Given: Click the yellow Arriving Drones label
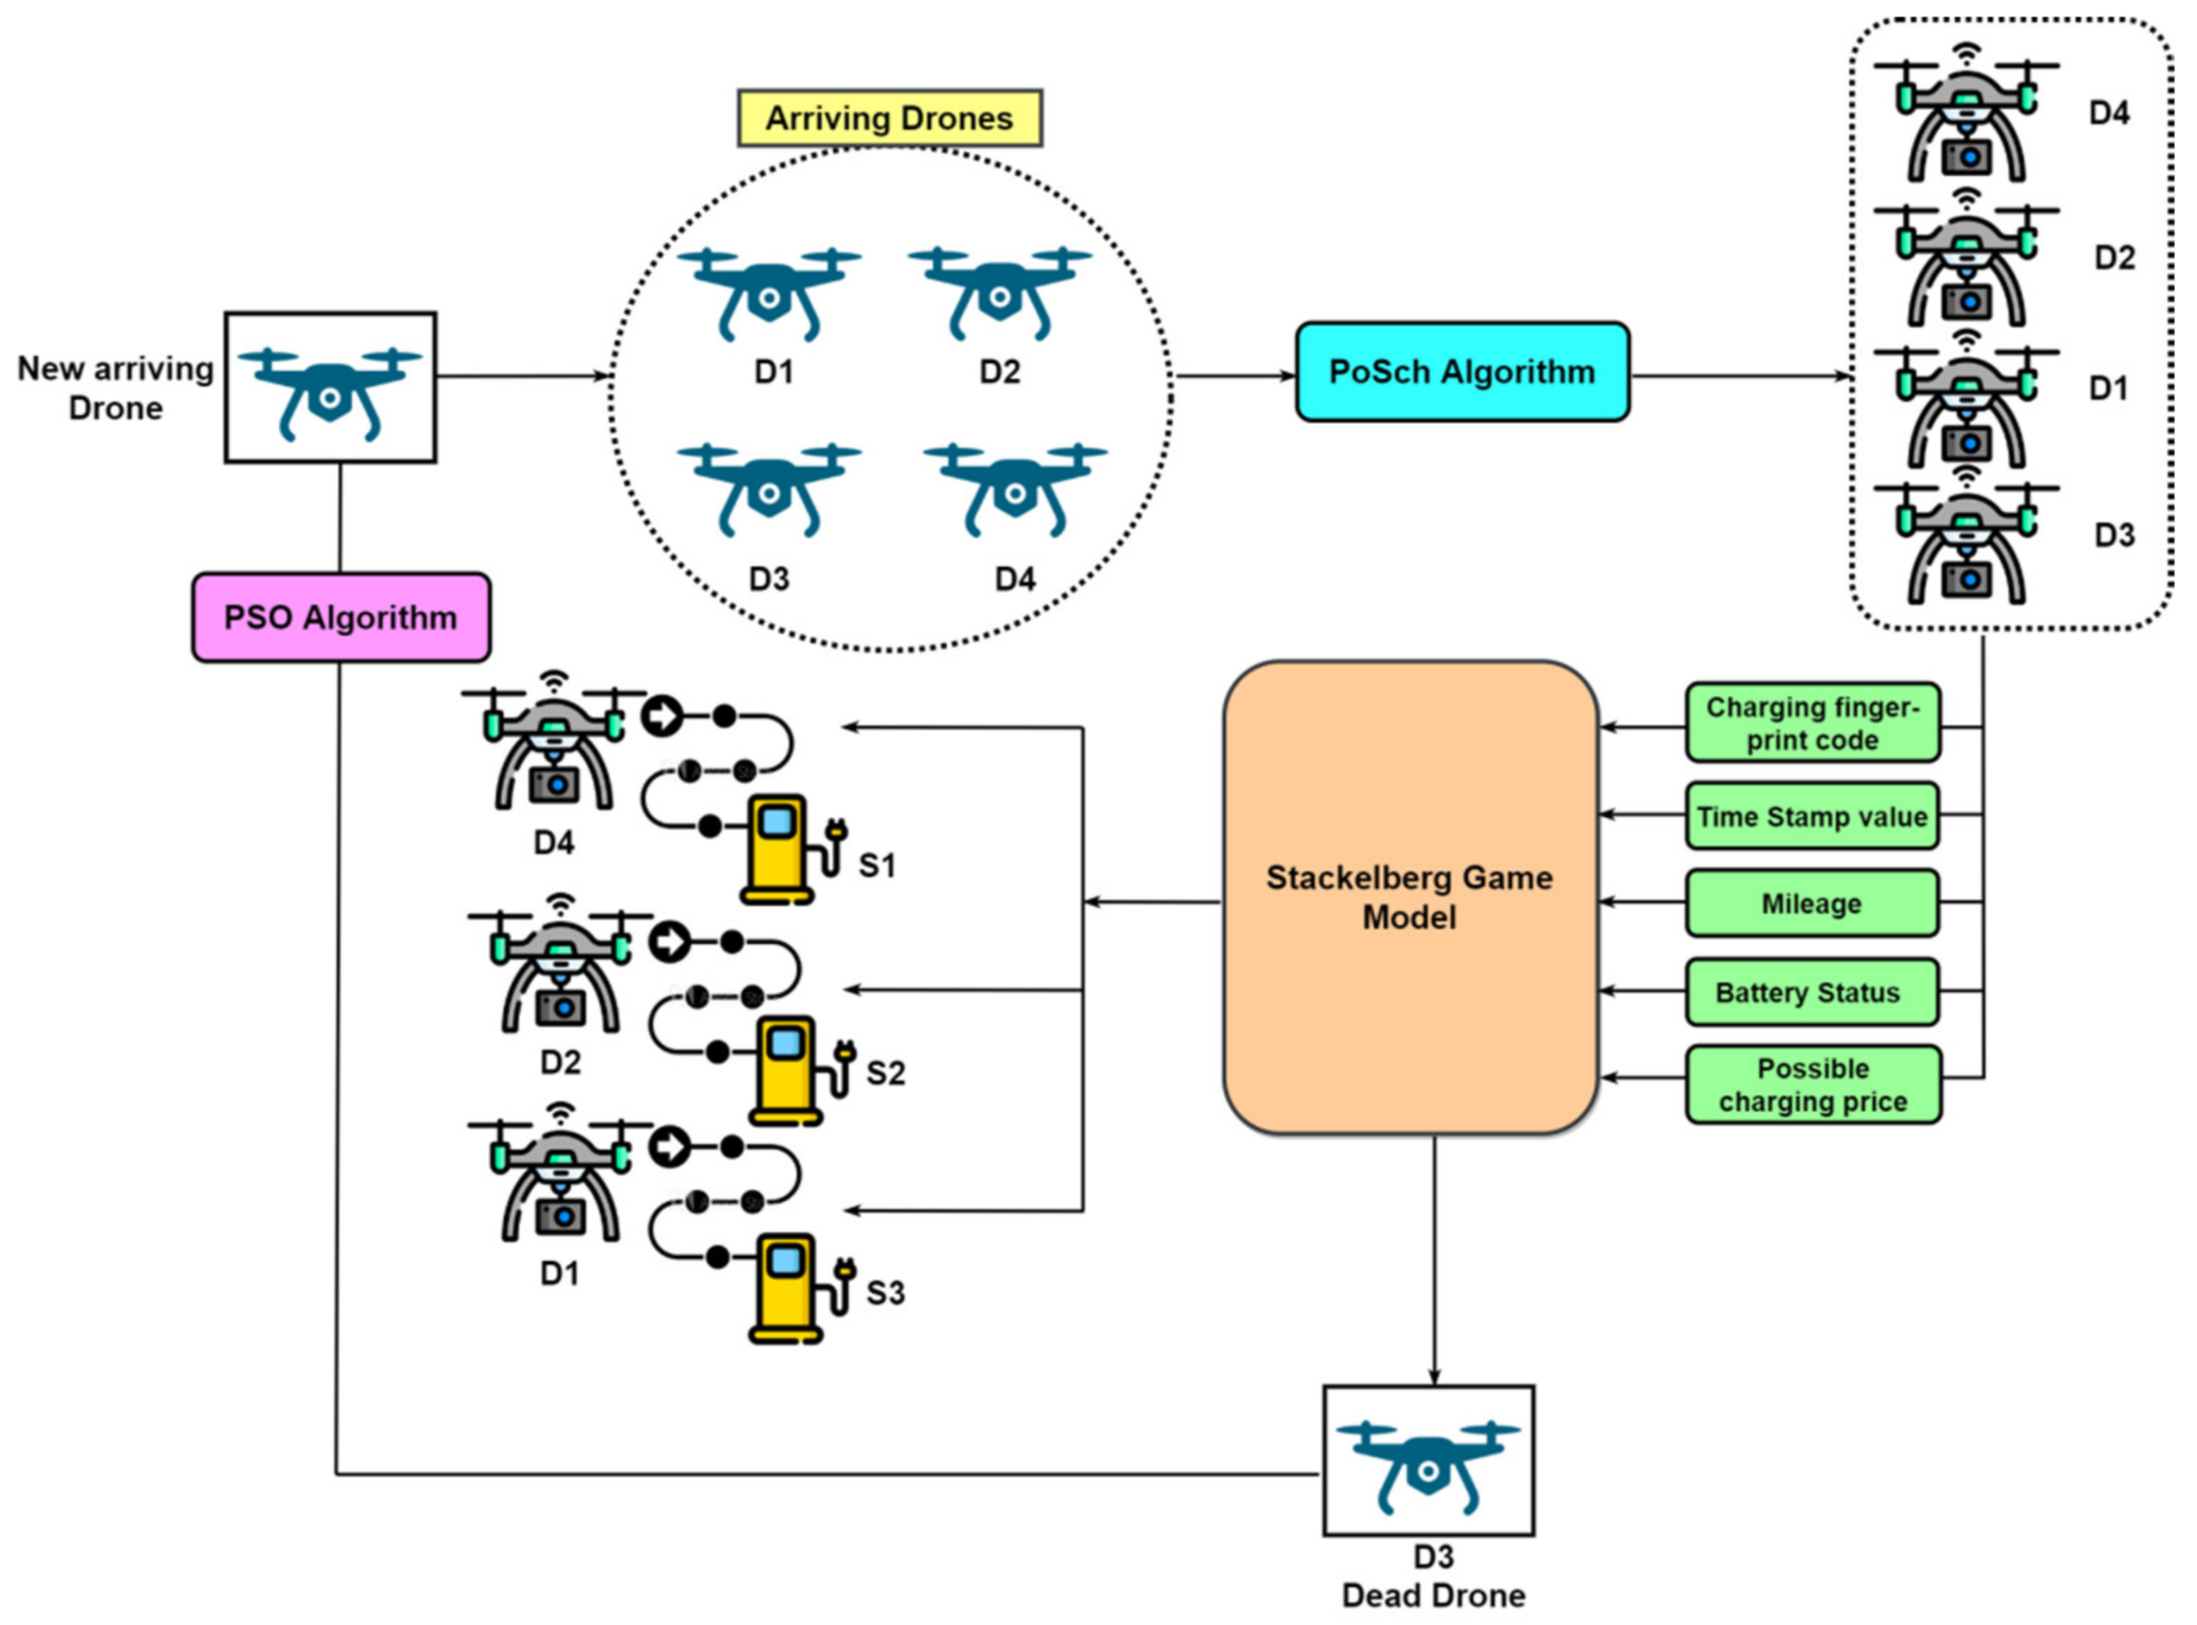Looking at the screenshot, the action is (x=889, y=118).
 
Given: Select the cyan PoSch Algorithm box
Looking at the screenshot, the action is (x=1462, y=372).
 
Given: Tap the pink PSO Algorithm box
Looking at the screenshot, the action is (x=340, y=617).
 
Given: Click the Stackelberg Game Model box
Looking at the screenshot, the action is (x=1410, y=897).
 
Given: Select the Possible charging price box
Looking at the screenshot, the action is (x=1813, y=1084).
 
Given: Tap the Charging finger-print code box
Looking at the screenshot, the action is (x=1813, y=723).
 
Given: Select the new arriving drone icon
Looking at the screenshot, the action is (x=330, y=392).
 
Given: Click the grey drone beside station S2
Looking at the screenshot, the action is (x=560, y=964).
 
